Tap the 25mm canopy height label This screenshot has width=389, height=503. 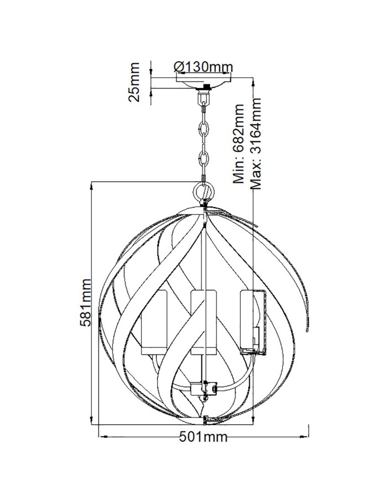click(134, 82)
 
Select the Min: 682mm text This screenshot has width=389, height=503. click(238, 143)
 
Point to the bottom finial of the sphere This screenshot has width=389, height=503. click(205, 417)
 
